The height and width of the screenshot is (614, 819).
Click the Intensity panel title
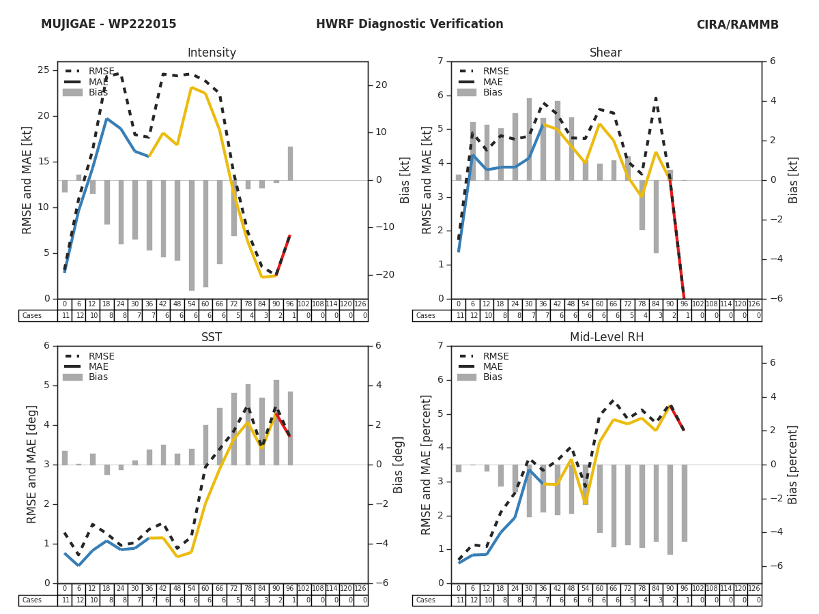tap(212, 53)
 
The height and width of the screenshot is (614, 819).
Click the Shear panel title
tap(605, 53)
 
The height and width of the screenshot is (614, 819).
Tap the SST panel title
tap(212, 338)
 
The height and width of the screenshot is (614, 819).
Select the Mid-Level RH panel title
tap(605, 338)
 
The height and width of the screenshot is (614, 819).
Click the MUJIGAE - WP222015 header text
tap(109, 25)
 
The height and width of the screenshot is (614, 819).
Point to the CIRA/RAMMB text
tap(737, 25)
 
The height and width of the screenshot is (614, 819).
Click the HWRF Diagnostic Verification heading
tap(409, 25)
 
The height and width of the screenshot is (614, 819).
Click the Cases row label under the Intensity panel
tap(32, 316)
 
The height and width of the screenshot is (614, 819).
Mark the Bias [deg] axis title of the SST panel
tap(399, 465)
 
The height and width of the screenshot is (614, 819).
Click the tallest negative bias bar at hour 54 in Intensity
tap(192, 235)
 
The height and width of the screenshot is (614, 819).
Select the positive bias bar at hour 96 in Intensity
tap(290, 164)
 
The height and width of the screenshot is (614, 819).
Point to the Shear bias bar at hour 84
tap(656, 216)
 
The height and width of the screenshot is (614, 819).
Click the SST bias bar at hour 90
tap(276, 422)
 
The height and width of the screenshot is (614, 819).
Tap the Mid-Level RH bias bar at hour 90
tap(670, 509)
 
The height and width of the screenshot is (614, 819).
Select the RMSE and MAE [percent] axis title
tap(426, 465)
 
